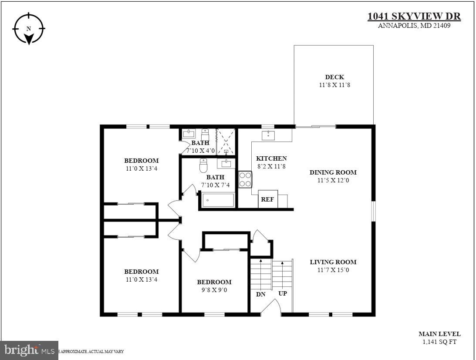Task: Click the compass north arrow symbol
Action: click(29, 29)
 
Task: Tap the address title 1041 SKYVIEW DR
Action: click(414, 17)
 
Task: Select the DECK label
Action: click(334, 77)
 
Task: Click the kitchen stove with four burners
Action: click(245, 179)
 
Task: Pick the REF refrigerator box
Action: click(268, 199)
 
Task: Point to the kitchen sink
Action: click(268, 135)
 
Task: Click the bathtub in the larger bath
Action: click(218, 200)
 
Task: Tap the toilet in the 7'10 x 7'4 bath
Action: click(203, 165)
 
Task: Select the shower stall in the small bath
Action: click(226, 141)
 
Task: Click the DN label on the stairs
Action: click(260, 294)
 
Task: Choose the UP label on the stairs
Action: click(283, 293)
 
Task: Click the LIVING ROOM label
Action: click(333, 262)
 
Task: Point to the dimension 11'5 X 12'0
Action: click(333, 180)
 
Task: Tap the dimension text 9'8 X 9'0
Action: click(214, 290)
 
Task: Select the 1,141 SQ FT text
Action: click(439, 342)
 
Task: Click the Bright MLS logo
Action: click(29, 350)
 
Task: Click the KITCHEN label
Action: click(271, 158)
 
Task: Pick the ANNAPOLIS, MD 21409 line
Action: click(414, 26)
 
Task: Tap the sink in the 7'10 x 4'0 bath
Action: click(189, 133)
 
